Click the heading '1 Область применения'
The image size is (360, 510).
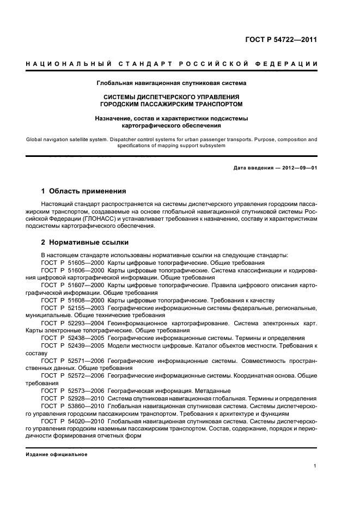point(84,191)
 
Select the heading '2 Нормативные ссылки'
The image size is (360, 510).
point(85,242)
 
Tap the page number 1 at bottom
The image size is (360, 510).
point(315,466)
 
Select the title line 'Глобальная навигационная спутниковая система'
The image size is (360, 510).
point(172,83)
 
